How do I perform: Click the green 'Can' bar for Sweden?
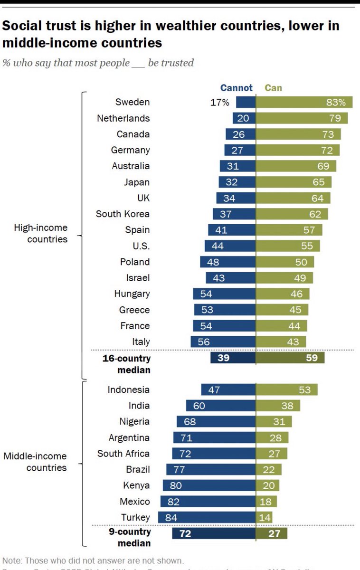(x=304, y=102)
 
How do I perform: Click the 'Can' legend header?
(x=273, y=88)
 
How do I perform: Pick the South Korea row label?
(x=123, y=214)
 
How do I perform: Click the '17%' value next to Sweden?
(x=220, y=102)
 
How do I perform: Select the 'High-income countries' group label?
(x=40, y=233)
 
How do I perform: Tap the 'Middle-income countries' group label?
(x=35, y=462)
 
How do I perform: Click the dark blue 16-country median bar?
(x=233, y=358)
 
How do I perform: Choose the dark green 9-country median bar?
(x=271, y=533)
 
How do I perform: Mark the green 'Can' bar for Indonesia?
(x=286, y=390)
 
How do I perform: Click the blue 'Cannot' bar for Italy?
(x=223, y=342)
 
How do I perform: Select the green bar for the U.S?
(x=288, y=246)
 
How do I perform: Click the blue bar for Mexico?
(x=208, y=502)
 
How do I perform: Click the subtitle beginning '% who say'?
(x=98, y=63)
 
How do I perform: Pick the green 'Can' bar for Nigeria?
(x=274, y=421)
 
